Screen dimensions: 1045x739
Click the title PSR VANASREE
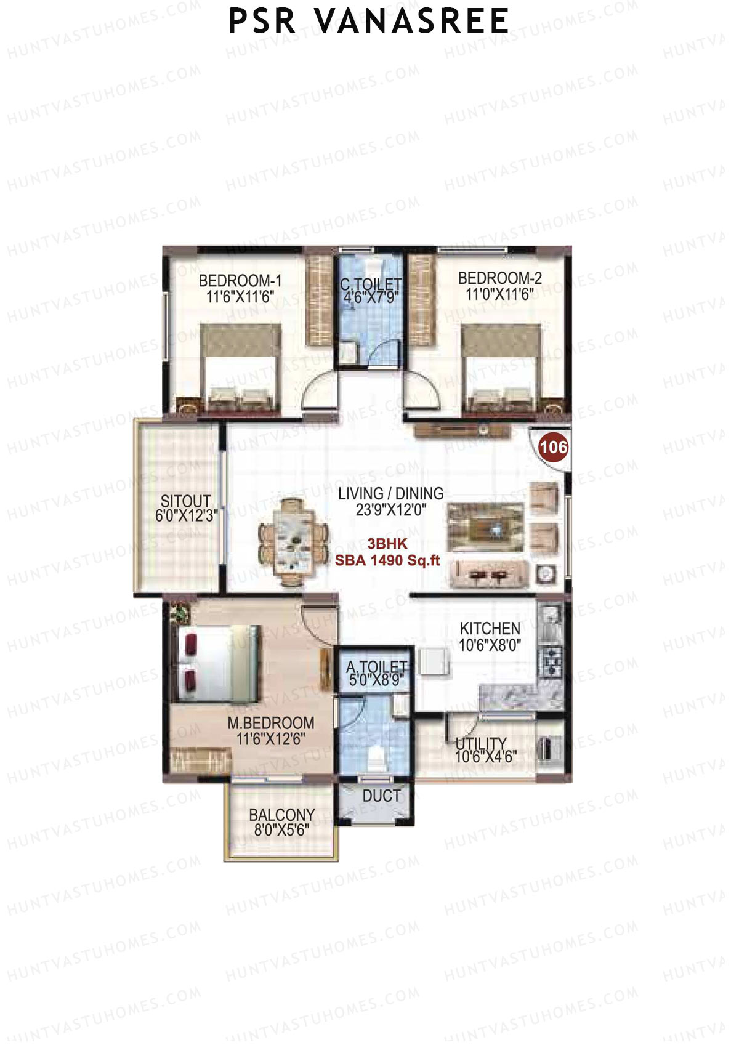tap(368, 22)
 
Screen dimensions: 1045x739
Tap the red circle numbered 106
tap(553, 446)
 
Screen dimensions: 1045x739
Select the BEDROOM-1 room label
tap(240, 281)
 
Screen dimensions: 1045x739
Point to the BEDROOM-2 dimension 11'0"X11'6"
tap(499, 294)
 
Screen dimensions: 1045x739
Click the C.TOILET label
tap(371, 284)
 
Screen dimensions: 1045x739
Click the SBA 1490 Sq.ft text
tap(387, 560)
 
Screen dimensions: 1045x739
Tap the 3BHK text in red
tap(387, 544)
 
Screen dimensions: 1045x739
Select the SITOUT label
tap(185, 501)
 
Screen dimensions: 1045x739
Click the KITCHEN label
tap(490, 628)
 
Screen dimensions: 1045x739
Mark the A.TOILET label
tap(376, 667)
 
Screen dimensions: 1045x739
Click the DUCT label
tap(381, 796)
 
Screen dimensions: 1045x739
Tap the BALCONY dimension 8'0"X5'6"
tap(281, 830)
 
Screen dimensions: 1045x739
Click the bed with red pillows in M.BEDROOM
tap(216, 663)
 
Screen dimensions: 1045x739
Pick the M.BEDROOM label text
tap(271, 723)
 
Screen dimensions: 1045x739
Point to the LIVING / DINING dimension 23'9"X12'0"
tap(391, 510)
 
